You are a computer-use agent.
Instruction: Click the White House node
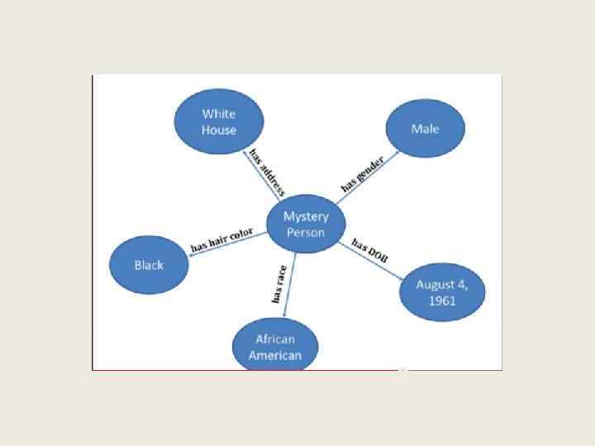218,121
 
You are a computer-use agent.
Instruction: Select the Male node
425,129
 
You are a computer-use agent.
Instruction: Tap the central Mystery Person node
306,224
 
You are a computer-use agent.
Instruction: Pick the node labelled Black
149,265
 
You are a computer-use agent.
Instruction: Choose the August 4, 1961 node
442,292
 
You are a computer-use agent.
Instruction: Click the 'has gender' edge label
363,172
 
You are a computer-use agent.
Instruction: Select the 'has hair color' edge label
221,240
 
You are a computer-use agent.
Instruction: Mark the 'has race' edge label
278,284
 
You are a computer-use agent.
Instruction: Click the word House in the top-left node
219,130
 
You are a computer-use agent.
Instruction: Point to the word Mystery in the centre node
306,216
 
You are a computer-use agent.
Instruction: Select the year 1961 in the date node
442,300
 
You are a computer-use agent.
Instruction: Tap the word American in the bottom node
275,355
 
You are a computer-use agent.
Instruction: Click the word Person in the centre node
306,232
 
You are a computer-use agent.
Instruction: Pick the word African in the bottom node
275,339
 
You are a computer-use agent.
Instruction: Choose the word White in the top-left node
219,114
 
